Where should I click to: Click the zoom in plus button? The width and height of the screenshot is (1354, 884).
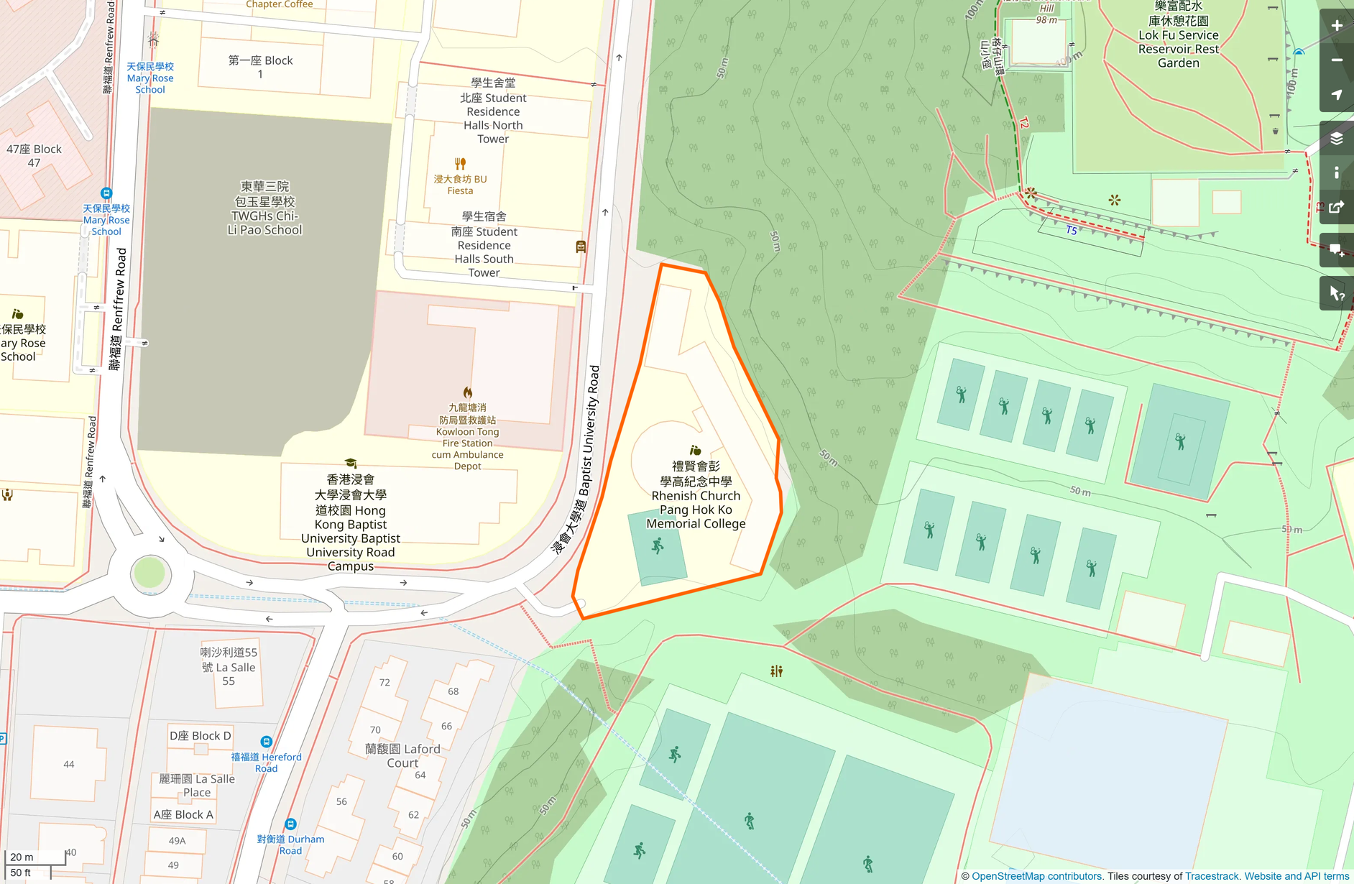pyautogui.click(x=1337, y=26)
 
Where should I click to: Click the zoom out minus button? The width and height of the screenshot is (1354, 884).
pyautogui.click(x=1337, y=60)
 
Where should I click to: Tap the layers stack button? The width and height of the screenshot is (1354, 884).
pyautogui.click(x=1337, y=139)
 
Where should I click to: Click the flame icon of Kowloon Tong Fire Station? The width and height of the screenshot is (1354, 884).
pyautogui.click(x=468, y=392)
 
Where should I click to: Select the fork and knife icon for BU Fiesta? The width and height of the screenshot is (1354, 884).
pyautogui.click(x=461, y=164)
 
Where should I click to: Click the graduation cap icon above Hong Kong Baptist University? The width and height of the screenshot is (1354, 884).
pyautogui.click(x=351, y=464)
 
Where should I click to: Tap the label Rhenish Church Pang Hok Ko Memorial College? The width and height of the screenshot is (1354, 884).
pyautogui.click(x=696, y=495)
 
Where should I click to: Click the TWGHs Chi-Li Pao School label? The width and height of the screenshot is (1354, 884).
pyautogui.click(x=264, y=208)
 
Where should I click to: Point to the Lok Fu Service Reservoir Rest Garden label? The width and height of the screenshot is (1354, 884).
pyautogui.click(x=1178, y=35)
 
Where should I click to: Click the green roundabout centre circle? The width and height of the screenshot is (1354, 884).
pyautogui.click(x=149, y=574)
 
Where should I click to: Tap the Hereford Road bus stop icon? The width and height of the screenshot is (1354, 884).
pyautogui.click(x=266, y=742)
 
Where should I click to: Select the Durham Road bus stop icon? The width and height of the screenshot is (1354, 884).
pyautogui.click(x=290, y=824)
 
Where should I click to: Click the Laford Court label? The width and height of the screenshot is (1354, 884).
pyautogui.click(x=402, y=755)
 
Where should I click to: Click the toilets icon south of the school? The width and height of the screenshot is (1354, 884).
pyautogui.click(x=776, y=671)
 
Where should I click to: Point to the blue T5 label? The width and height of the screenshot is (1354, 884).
pyautogui.click(x=1071, y=231)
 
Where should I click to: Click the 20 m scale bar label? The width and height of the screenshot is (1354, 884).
pyautogui.click(x=22, y=857)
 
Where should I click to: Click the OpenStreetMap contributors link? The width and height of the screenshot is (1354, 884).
pyautogui.click(x=1036, y=876)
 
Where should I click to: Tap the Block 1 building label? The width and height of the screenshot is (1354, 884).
pyautogui.click(x=260, y=67)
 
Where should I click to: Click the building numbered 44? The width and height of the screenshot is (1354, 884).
pyautogui.click(x=68, y=764)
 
